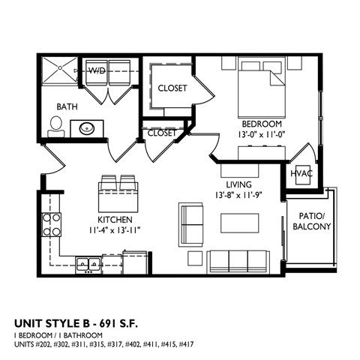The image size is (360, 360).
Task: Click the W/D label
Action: point(97,71)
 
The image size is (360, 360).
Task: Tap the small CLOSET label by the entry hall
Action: point(162,133)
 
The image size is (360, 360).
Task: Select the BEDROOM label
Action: point(261,123)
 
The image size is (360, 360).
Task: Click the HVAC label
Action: point(301,173)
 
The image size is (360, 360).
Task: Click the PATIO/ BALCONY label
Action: point(309,220)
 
